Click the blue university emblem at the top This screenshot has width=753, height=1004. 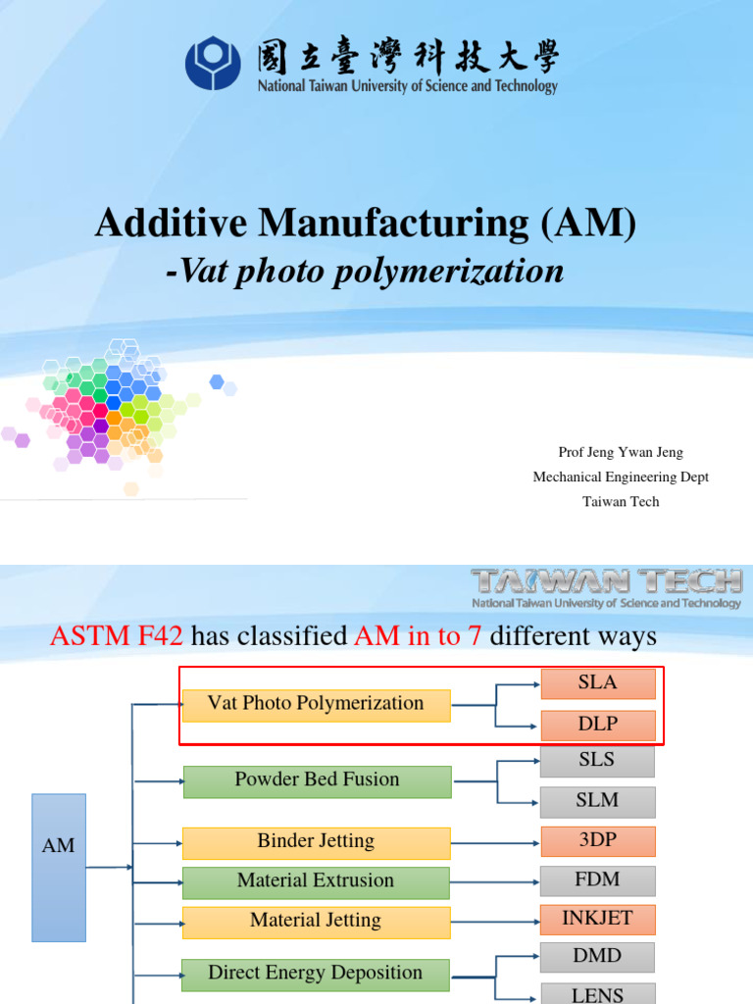pos(213,62)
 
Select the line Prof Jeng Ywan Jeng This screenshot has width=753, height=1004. pos(620,452)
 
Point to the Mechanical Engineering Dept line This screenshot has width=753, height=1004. pos(620,477)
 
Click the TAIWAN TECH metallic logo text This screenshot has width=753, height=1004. pos(606,581)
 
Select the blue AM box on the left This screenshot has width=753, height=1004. pos(59,845)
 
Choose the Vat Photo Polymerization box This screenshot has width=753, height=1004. pos(316,704)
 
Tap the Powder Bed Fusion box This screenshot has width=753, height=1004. pos(317,780)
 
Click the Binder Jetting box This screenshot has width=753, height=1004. pos(316,841)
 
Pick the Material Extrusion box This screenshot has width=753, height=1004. pos(316,881)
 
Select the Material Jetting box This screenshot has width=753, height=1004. pos(316,921)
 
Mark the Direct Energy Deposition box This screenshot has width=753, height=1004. pos(316,974)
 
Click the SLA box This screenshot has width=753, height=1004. pos(597,683)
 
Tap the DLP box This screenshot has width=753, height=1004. pos(597,726)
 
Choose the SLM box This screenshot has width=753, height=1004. pos(597,801)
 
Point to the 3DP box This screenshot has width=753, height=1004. pos(597,841)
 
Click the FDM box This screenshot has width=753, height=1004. pos(597,880)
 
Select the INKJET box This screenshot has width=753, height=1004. pos(597,920)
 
